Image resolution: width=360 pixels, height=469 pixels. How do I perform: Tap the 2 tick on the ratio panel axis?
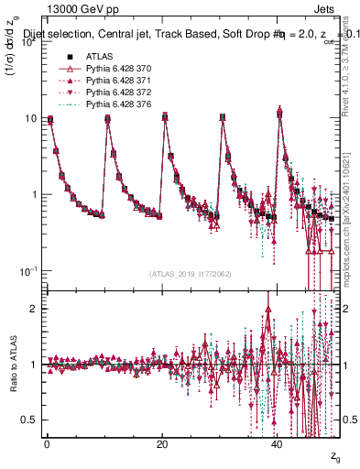[x=32, y=309]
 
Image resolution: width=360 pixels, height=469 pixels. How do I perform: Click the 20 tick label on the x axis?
[x=162, y=443]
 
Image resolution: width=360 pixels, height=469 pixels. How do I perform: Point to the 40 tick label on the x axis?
[x=278, y=443]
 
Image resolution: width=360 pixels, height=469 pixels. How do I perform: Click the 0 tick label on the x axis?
[x=47, y=443]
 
